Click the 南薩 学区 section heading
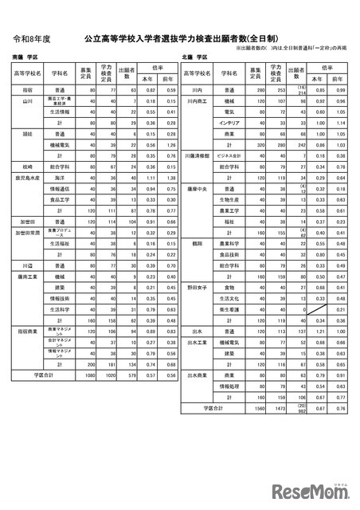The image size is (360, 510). [x=25, y=57]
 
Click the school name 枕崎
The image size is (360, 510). [x=27, y=167]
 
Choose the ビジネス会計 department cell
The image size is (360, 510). [x=229, y=156]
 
